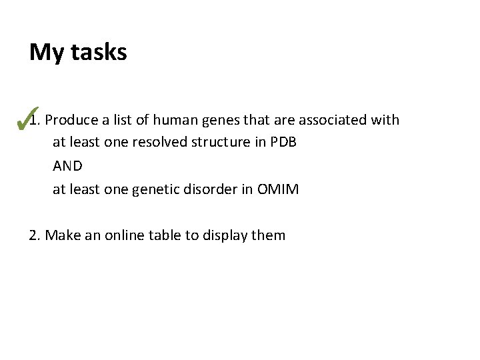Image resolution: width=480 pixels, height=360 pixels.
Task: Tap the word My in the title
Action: click(x=46, y=53)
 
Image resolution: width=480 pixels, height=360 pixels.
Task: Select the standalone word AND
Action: click(x=67, y=166)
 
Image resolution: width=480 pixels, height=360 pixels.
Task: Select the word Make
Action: click(x=60, y=235)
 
